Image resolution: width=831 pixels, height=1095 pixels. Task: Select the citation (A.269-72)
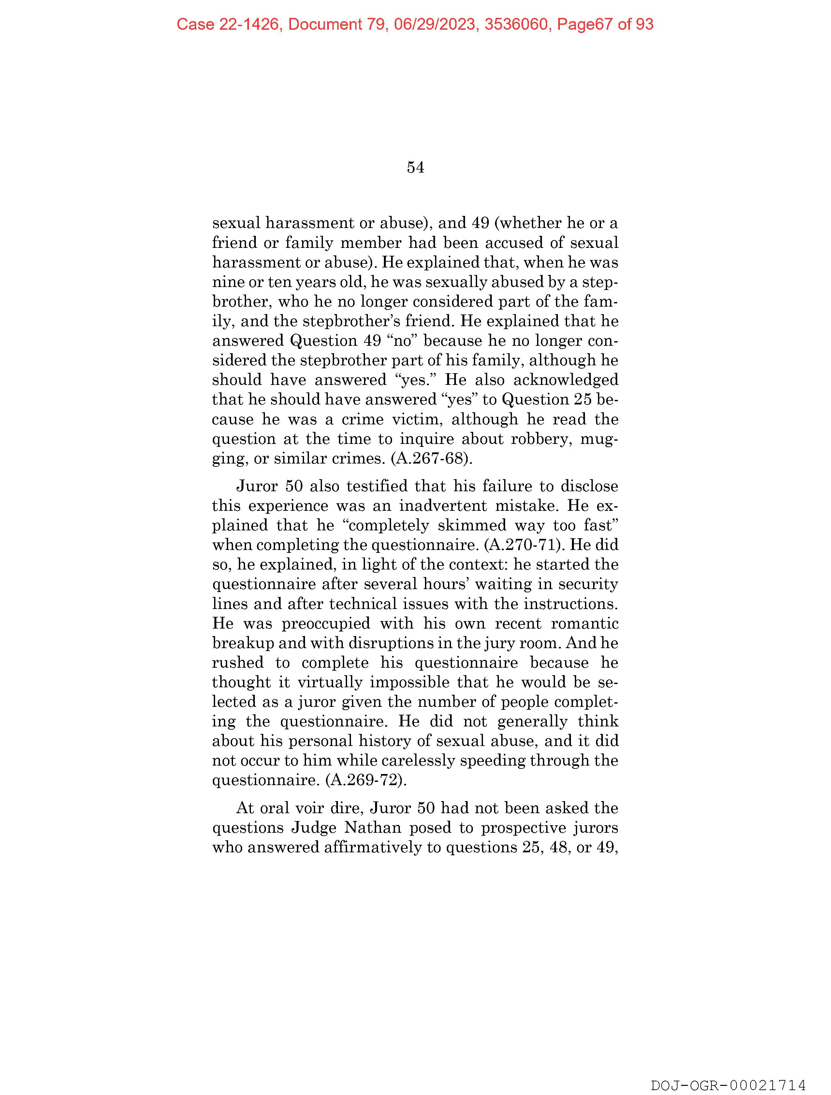point(366,780)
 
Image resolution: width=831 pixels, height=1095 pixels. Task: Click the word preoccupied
point(326,623)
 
